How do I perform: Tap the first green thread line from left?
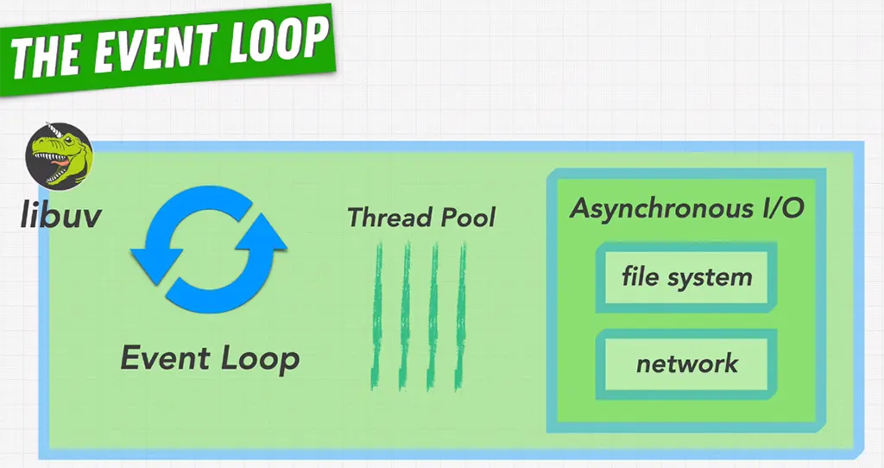click(x=377, y=315)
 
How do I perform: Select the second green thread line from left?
click(x=406, y=315)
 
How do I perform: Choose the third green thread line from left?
click(x=433, y=315)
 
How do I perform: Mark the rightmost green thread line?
click(x=462, y=315)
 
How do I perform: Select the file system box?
click(x=687, y=277)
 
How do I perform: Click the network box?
click(x=687, y=363)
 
